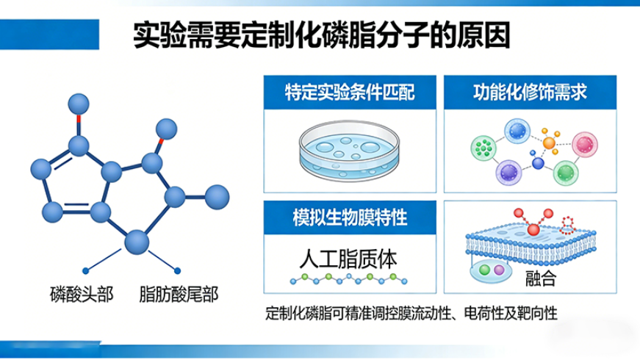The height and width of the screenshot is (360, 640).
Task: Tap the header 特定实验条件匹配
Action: coord(350,93)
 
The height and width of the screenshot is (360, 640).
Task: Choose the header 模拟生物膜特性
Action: coord(350,217)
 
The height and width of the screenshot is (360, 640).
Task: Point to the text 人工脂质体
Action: coord(348,259)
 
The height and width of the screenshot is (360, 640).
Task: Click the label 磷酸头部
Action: coord(81,295)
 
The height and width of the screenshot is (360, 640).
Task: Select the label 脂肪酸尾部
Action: coord(179,295)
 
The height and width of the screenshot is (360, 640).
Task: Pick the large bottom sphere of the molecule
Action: coord(137,241)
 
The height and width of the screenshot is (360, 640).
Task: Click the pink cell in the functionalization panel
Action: coord(585,143)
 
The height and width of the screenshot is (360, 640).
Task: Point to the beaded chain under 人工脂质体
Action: coord(348,280)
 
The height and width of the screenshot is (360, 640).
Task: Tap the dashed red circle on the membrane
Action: coord(567,223)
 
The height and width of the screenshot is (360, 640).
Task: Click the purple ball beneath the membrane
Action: coord(500,271)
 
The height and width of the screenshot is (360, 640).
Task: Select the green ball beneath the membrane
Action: coord(484,270)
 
